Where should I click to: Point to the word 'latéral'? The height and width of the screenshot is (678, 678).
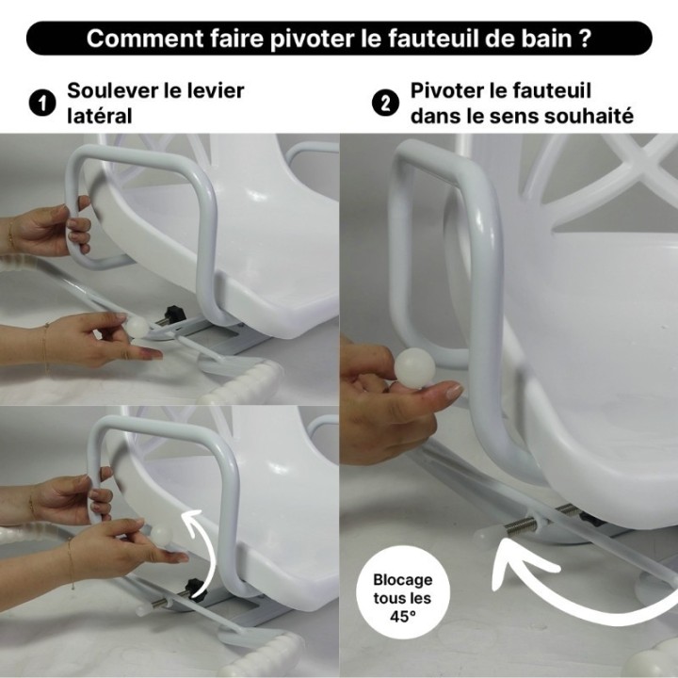coord(99,116)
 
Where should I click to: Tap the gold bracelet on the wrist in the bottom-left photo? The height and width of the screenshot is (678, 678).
coord(70,565)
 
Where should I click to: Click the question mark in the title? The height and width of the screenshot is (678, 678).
coord(586,40)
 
